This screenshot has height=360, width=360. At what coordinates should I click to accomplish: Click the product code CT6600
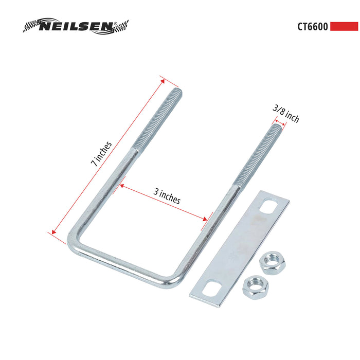pos(312,26)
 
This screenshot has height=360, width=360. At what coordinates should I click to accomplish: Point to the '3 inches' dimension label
pos(167,196)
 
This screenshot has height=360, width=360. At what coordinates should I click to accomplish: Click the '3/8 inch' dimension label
pos(286,114)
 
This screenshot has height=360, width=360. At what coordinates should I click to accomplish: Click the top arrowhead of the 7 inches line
pos(163,79)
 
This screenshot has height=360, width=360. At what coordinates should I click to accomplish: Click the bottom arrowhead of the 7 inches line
pos(51,233)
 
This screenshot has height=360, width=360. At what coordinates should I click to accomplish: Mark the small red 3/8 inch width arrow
pos(278,123)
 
